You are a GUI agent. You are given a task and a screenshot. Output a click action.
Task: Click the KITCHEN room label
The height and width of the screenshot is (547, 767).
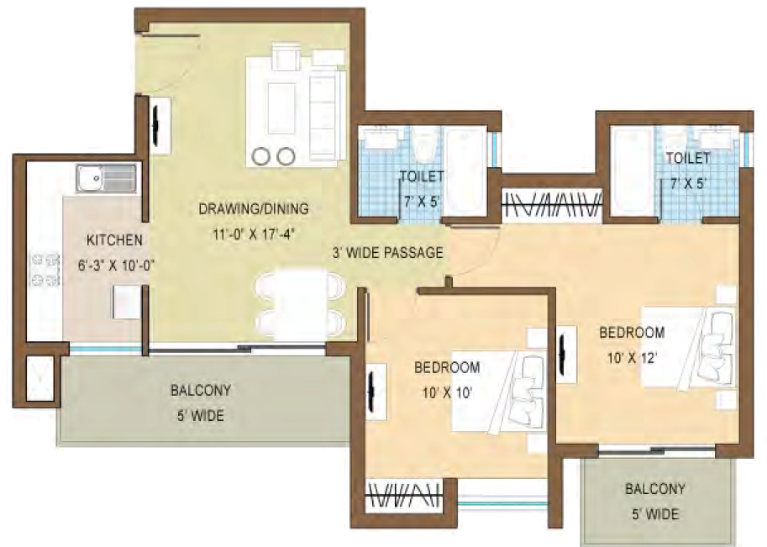[x=114, y=240]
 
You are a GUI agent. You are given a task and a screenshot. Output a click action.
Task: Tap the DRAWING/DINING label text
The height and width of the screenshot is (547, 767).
[x=254, y=208]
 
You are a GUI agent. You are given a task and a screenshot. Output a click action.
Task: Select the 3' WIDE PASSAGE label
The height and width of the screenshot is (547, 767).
[x=387, y=252]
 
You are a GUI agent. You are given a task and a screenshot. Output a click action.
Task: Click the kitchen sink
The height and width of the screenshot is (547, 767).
[x=106, y=177]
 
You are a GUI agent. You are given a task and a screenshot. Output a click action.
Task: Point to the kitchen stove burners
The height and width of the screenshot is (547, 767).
[x=45, y=269]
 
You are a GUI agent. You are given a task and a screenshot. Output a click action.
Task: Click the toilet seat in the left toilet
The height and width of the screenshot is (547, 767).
[x=424, y=147]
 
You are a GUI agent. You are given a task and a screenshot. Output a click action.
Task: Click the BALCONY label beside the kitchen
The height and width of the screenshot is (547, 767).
[x=200, y=391]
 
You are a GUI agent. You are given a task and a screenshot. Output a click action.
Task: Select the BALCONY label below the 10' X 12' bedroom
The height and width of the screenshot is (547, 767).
[x=655, y=489]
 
